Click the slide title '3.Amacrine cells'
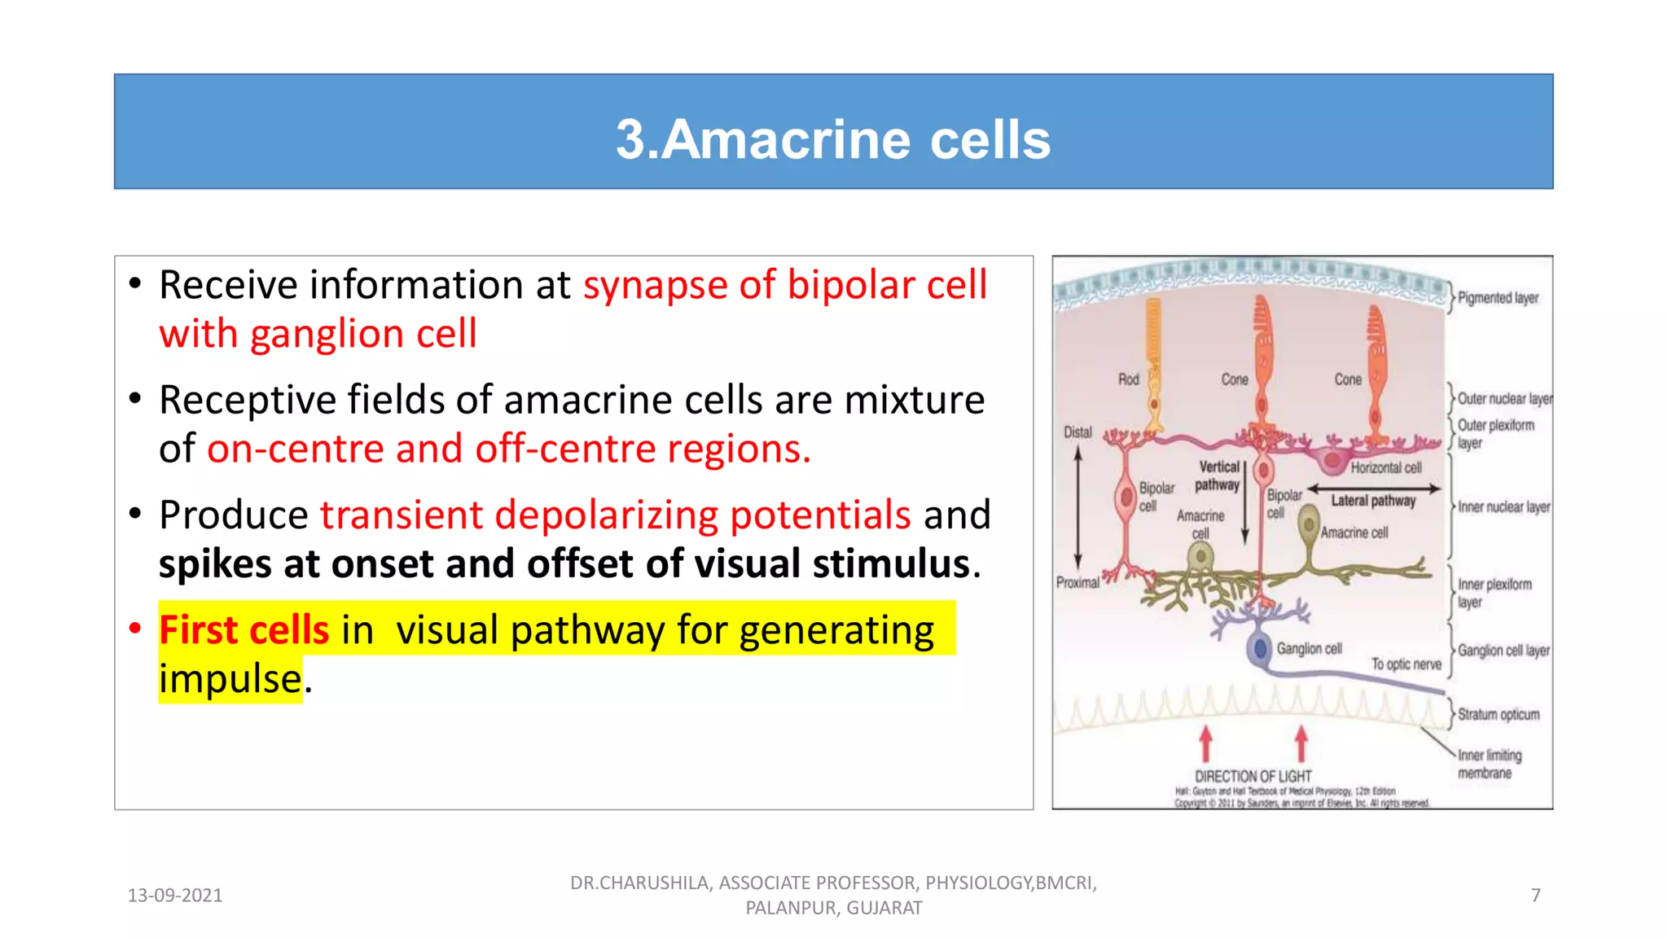[832, 139]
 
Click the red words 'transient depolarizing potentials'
[615, 515]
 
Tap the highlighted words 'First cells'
[244, 630]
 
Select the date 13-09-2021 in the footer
[175, 896]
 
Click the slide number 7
[1535, 896]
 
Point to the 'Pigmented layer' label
[1498, 298]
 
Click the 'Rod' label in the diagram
[1128, 379]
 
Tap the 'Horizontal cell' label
[1385, 467]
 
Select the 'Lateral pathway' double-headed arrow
[1374, 489]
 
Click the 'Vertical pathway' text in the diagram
[1218, 476]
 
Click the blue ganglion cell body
[1260, 649]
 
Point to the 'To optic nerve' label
[1406, 664]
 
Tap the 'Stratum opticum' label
[1498, 715]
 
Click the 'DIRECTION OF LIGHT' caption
[1253, 777]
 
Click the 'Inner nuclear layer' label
[1503, 507]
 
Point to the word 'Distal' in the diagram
[1078, 432]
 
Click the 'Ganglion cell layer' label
[1503, 651]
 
